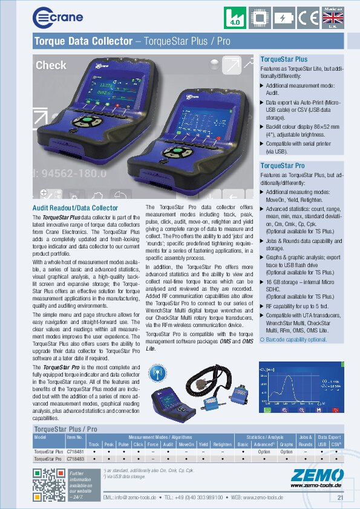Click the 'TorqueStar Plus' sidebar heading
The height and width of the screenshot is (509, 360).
pos(284,60)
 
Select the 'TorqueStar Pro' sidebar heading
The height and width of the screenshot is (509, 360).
pos(283,165)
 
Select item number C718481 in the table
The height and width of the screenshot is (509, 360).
pos(75,451)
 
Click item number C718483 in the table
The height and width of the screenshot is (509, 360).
pos(75,459)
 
